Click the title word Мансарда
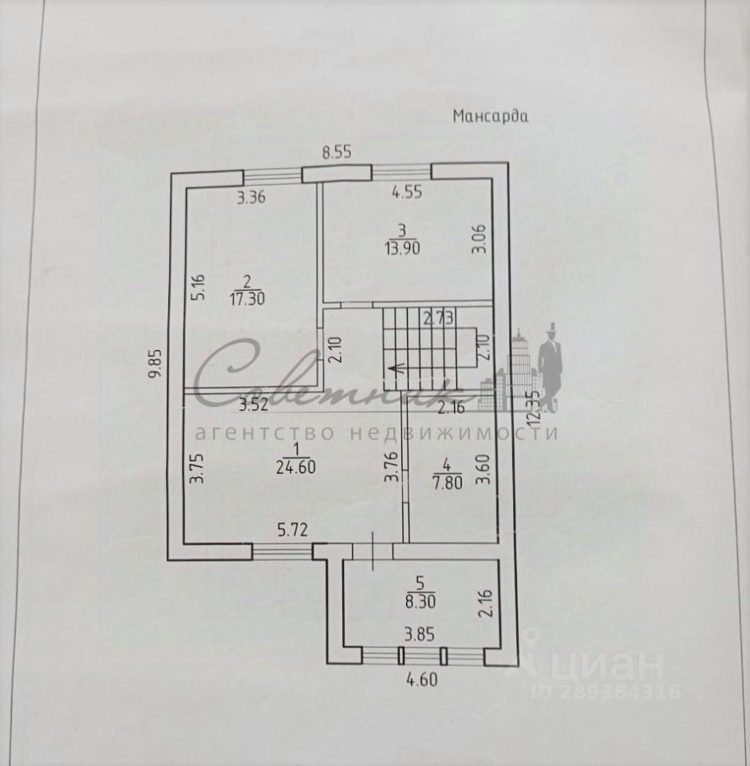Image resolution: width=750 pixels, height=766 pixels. (x=491, y=116)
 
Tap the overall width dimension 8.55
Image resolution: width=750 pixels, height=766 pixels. (x=337, y=152)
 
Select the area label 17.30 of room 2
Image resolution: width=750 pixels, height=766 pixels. (x=247, y=295)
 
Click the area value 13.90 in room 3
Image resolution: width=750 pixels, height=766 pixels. (x=402, y=247)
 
